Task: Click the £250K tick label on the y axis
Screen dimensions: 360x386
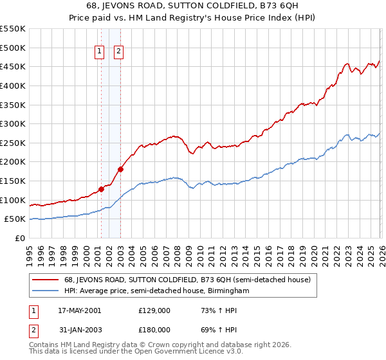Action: click(12, 143)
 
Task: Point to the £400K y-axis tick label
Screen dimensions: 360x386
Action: click(12, 85)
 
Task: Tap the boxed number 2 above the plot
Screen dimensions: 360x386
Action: click(120, 53)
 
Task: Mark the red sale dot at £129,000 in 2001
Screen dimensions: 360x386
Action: click(101, 189)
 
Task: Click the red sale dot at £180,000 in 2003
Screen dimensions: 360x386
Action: click(120, 170)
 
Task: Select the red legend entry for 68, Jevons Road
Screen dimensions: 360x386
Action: click(187, 280)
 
